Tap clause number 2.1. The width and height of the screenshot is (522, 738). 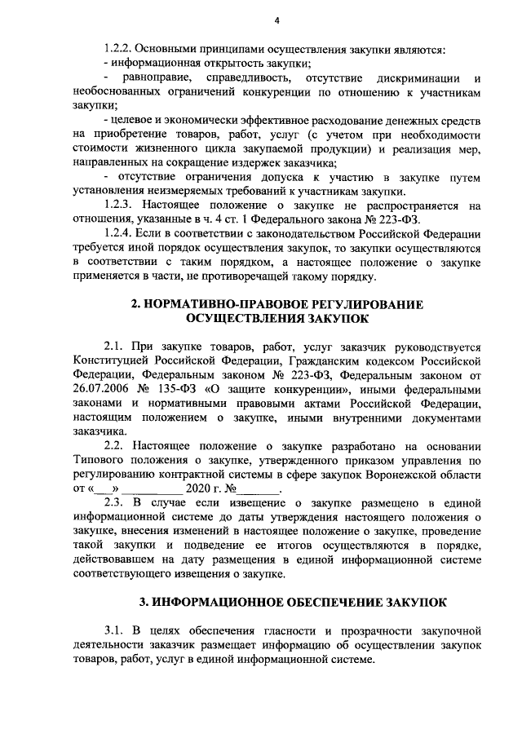tap(114, 347)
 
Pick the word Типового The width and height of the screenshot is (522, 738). tap(99, 461)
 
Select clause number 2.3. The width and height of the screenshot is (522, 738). tap(115, 503)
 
